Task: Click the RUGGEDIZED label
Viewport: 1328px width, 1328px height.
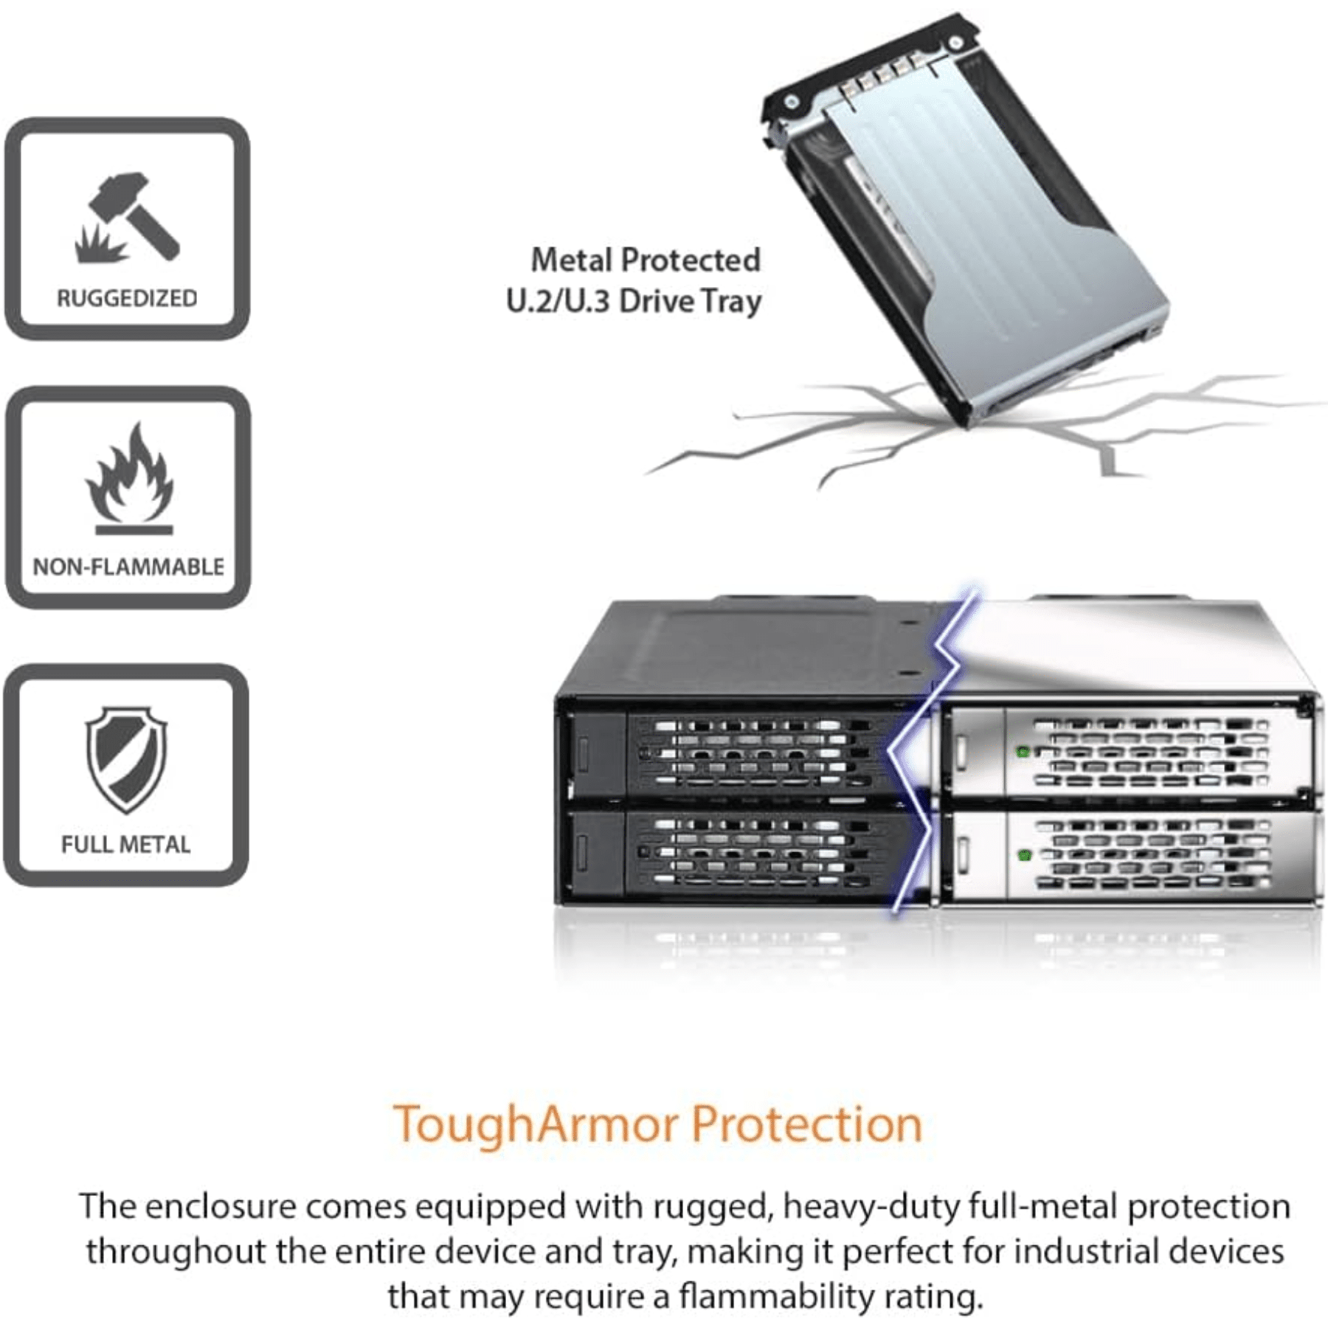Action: pyautogui.click(x=127, y=299)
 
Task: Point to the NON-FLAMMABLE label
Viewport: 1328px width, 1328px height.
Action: pyautogui.click(x=128, y=567)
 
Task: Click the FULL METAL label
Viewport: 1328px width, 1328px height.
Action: pyautogui.click(x=125, y=844)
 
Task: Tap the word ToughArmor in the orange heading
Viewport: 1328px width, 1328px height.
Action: pyautogui.click(x=535, y=1124)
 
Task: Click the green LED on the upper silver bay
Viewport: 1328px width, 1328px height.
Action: pyautogui.click(x=1023, y=752)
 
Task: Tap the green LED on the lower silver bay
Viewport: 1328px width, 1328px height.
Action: pyautogui.click(x=1024, y=855)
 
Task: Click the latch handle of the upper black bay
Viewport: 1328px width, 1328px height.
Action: pyautogui.click(x=583, y=754)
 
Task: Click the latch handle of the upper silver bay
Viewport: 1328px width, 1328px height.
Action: pyautogui.click(x=962, y=751)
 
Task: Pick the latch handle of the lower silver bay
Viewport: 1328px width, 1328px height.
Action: pyautogui.click(x=963, y=854)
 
